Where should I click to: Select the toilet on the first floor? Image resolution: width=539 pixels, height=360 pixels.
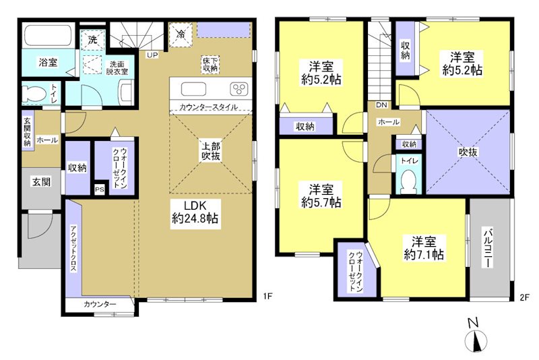click(x=34, y=94)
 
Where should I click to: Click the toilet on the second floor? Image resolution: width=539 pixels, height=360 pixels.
click(x=408, y=179)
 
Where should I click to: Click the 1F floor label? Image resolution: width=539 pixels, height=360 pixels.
click(x=267, y=296)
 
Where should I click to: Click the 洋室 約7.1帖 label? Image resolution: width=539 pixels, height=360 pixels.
click(x=424, y=247)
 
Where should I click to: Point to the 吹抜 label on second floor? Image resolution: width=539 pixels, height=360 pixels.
click(x=468, y=152)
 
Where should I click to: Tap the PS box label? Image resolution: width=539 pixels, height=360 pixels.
click(x=100, y=189)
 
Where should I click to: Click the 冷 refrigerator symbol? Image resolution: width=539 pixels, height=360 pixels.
click(x=181, y=33)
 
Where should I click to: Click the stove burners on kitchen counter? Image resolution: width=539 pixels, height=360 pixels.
click(x=239, y=88)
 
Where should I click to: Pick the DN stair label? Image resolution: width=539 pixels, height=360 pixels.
click(x=381, y=104)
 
